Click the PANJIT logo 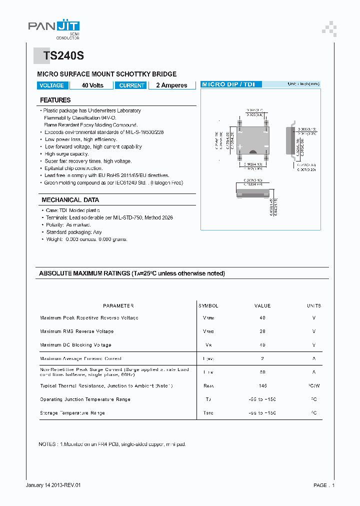pos(53,28)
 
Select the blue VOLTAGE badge pos(51,85)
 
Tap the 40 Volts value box pos(92,85)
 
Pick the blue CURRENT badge pos(131,85)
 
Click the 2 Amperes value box pos(171,85)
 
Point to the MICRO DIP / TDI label pos(228,84)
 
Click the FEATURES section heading pos(55,100)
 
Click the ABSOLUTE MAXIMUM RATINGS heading pos(132,273)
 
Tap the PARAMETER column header pos(118,305)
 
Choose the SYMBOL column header pos(208,305)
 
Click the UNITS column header pos(314,305)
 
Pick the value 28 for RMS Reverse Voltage pos(262,331)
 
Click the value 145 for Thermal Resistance pos(262,386)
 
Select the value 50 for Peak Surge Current pos(262,372)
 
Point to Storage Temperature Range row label pos(72,413)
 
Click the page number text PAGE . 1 pos(324,485)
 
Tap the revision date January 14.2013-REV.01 pos(53,485)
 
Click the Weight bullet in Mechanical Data pos(86,239)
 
